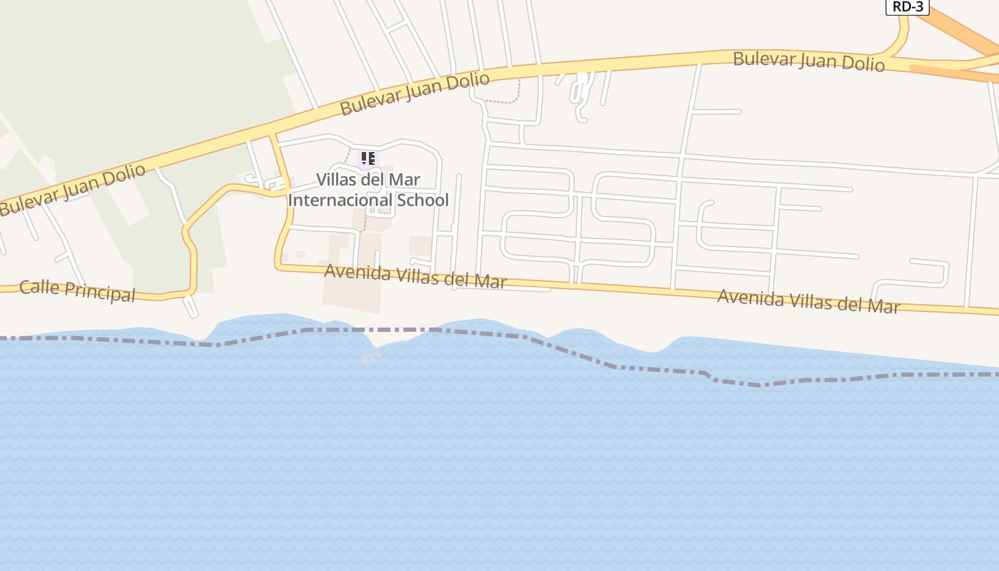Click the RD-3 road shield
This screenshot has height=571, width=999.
coord(907,6)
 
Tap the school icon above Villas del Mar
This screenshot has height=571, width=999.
coord(367,158)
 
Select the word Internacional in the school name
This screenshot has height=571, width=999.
coord(339,200)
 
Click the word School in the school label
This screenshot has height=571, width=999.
coord(422,200)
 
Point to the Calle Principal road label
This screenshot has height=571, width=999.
coord(77,290)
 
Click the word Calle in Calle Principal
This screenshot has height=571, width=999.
coord(39,287)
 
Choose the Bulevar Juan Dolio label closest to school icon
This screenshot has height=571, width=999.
coord(415,93)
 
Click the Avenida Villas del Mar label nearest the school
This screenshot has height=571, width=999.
coord(415,276)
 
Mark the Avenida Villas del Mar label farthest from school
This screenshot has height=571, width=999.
coord(808,300)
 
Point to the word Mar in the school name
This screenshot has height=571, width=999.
coord(405,179)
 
